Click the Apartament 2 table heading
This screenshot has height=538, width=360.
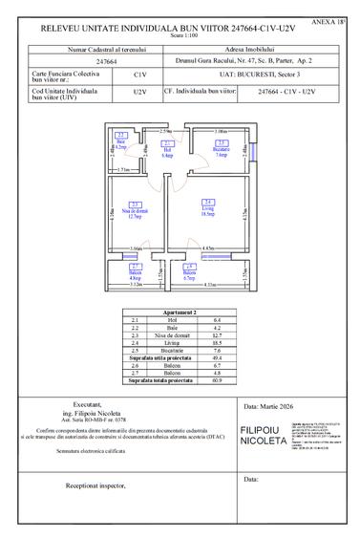(x=180, y=312)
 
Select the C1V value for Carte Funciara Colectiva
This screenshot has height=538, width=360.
(x=140, y=72)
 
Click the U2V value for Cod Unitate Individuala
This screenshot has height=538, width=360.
(x=140, y=92)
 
